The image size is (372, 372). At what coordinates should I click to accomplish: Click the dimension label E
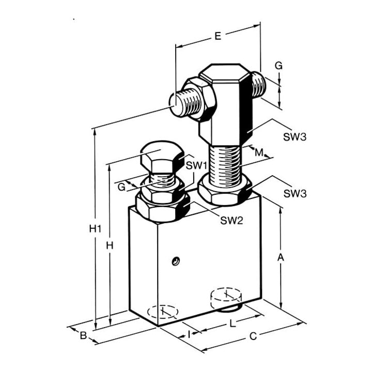click(218, 36)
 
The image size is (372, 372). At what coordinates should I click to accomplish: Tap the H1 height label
click(96, 229)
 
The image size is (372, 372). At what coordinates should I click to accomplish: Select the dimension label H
click(110, 246)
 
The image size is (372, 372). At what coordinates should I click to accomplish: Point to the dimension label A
click(281, 257)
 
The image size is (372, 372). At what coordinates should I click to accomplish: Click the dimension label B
click(83, 335)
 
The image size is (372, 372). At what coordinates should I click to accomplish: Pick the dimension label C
click(253, 336)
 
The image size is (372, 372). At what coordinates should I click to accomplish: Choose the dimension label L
click(233, 323)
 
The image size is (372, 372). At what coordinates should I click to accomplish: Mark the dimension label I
click(189, 334)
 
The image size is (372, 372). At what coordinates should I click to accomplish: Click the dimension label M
click(259, 152)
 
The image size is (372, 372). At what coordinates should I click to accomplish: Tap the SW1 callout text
click(197, 165)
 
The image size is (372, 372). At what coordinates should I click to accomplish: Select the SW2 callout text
click(232, 221)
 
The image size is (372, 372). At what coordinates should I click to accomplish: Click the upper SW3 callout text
click(295, 137)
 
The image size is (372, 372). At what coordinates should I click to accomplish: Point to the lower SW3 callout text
click(295, 194)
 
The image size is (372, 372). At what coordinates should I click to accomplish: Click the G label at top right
click(279, 66)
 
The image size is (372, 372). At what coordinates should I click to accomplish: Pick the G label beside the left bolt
click(121, 187)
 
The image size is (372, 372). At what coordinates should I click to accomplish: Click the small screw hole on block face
click(176, 261)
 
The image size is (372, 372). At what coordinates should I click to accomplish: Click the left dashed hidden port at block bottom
click(163, 311)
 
